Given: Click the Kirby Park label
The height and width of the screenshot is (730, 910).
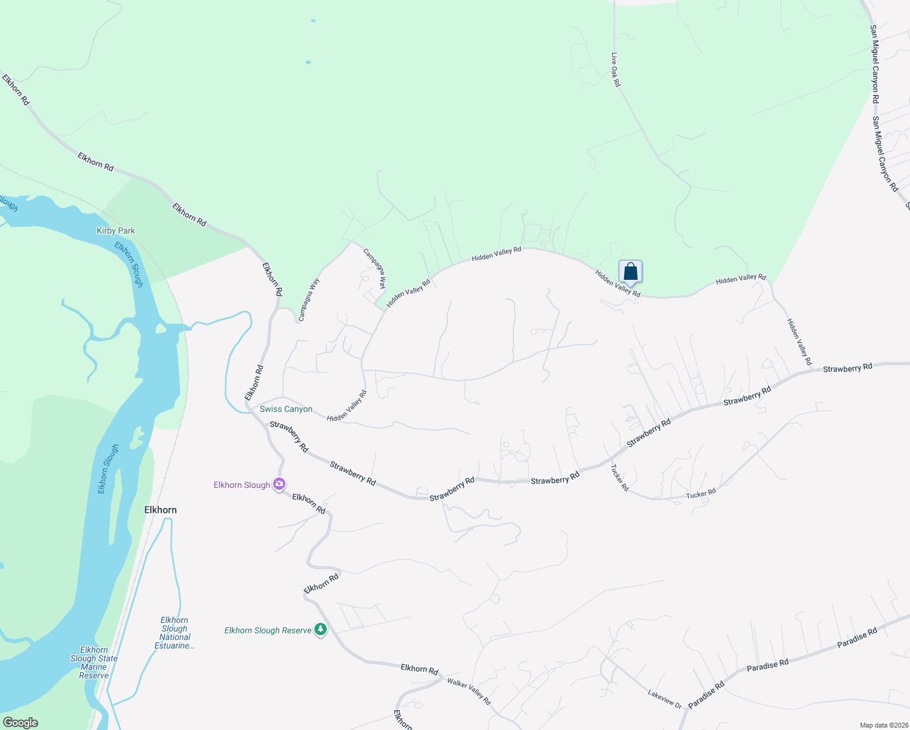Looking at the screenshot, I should [116, 231].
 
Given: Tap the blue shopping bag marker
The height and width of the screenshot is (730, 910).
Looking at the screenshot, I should [631, 271].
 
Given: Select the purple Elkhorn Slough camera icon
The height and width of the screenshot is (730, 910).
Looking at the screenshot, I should [279, 484].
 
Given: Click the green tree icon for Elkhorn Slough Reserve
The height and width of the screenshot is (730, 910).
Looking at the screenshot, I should [321, 630].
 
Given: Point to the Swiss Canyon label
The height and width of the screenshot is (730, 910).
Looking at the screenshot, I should [286, 409].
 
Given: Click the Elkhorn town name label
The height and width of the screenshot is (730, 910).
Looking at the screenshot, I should [161, 510].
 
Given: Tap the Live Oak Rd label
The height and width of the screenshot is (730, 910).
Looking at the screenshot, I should [616, 69].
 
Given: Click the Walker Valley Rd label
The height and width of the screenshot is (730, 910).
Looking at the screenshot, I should [469, 691].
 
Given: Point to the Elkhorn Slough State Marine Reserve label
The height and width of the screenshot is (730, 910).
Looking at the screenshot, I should [94, 662].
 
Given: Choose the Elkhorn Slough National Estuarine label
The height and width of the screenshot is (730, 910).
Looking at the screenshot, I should [175, 633].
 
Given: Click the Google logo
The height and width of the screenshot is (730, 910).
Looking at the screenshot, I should [21, 723].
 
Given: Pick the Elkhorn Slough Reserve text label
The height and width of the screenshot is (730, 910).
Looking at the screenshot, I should [268, 630].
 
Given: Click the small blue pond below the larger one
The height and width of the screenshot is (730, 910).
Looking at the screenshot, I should [308, 62].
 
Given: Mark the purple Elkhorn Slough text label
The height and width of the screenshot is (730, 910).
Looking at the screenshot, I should [241, 485].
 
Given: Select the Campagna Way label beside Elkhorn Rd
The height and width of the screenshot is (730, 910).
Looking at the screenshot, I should [309, 299].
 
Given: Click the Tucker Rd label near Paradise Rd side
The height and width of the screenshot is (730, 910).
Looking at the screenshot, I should [701, 494].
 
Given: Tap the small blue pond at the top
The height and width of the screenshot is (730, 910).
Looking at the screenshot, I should [313, 21].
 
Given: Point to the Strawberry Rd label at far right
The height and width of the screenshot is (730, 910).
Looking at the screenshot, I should [847, 367].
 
